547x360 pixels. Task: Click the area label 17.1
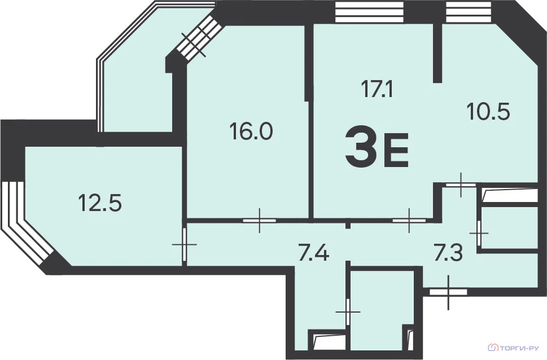click(377, 89)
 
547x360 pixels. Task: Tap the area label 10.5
click(488, 112)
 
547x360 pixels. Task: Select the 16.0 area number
click(251, 131)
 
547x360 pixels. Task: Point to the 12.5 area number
click(100, 203)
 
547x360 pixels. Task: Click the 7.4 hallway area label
click(314, 253)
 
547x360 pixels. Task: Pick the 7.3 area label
click(448, 253)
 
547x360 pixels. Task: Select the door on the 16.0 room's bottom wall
click(260, 221)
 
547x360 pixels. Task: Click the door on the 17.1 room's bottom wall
click(409, 221)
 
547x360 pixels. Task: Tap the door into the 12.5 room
click(184, 244)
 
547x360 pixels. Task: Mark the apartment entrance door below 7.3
click(448, 292)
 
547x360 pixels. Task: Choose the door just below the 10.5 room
click(461, 185)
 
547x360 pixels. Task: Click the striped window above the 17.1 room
click(369, 12)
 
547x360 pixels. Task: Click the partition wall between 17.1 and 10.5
click(437, 53)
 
